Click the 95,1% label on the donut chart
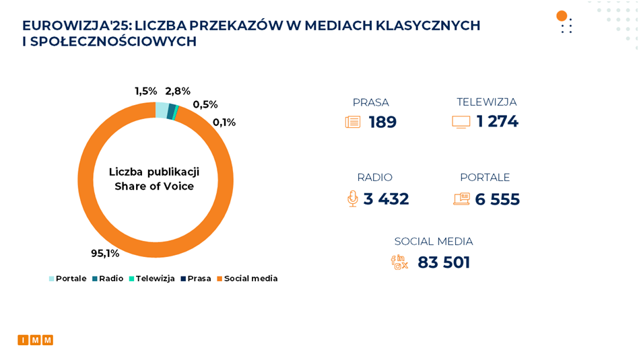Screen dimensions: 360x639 105,254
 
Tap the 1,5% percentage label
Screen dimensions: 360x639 145,91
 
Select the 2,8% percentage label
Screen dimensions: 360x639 178,91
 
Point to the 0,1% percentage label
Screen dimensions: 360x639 224,122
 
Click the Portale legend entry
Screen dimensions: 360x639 67,279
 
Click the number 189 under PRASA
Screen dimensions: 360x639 382,122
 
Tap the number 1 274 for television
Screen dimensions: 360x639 497,122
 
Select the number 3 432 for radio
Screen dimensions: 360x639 386,199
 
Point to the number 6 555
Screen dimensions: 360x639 497,199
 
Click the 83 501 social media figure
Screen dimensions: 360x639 444,262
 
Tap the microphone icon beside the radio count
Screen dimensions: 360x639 352,199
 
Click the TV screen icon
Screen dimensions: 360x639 461,122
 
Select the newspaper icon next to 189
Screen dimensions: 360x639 353,122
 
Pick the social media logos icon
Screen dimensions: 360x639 400,262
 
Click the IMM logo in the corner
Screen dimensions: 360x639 36,340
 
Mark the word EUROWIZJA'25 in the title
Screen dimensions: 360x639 75,26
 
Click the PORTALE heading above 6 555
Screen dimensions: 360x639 485,178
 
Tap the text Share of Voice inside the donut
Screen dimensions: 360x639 154,186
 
